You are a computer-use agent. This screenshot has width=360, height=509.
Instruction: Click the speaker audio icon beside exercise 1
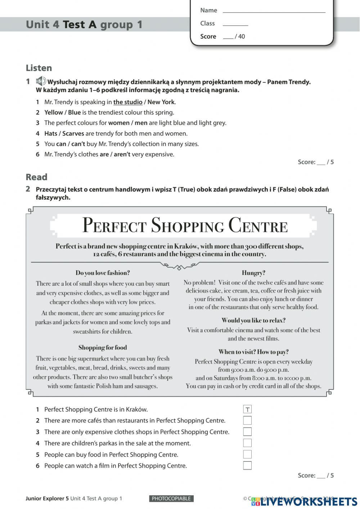[x=41, y=81]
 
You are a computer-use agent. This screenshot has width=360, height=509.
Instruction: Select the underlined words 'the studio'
[x=128, y=102]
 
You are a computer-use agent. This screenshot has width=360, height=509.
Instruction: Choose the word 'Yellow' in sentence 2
[x=53, y=112]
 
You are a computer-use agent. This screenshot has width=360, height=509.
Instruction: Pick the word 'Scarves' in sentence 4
[x=73, y=134]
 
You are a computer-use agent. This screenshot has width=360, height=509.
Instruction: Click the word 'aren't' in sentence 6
[x=122, y=155]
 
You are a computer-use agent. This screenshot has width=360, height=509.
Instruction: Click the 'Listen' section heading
[x=39, y=68]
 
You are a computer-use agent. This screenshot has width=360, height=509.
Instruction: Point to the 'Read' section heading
[x=36, y=177]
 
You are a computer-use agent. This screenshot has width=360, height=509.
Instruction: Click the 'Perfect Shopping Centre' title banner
[x=185, y=226]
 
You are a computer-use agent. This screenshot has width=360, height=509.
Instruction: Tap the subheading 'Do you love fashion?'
[x=103, y=273]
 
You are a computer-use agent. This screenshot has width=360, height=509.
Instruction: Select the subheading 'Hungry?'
[x=253, y=273]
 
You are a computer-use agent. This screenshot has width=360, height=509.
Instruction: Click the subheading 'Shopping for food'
[x=103, y=348]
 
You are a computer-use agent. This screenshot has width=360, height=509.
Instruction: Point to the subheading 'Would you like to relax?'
[x=253, y=320]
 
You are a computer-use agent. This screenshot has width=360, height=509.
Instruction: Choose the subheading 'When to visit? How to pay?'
[x=253, y=352]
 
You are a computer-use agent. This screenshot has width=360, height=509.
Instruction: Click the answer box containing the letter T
[x=247, y=409]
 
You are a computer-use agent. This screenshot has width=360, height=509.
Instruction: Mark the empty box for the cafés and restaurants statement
[x=247, y=420]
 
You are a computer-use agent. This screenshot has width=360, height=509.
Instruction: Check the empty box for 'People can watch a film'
[x=247, y=465]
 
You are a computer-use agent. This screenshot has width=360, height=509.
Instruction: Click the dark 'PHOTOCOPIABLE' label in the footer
[x=171, y=499]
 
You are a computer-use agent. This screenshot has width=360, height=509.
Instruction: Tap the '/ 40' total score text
[x=240, y=36]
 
